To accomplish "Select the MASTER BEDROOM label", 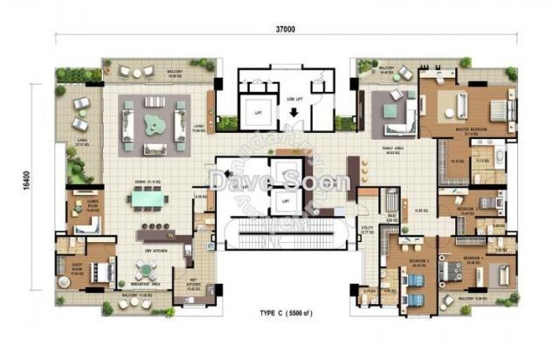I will click(x=470, y=128).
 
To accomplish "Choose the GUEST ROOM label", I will click(x=71, y=269).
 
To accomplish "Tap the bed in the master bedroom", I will click(x=493, y=110).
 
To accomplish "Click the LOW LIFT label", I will click(x=293, y=90).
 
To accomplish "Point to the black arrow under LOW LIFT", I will click(x=293, y=102).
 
